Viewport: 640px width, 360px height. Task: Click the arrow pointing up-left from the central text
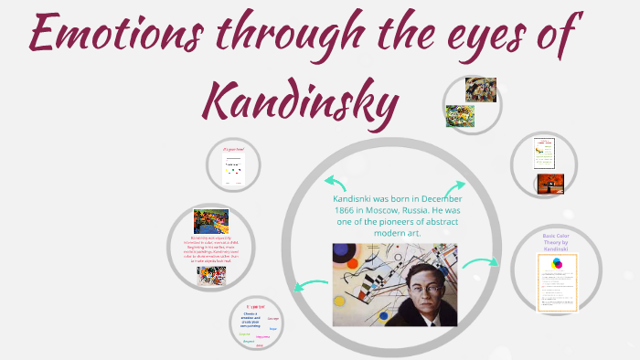(x=334, y=180)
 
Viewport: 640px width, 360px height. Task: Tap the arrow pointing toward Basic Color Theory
(x=479, y=266)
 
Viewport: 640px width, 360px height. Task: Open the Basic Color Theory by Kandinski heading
(x=556, y=242)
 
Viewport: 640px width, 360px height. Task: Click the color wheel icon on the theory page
(x=557, y=265)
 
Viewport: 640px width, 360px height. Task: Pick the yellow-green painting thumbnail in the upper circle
(x=460, y=115)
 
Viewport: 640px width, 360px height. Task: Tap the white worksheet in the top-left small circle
(x=234, y=168)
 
